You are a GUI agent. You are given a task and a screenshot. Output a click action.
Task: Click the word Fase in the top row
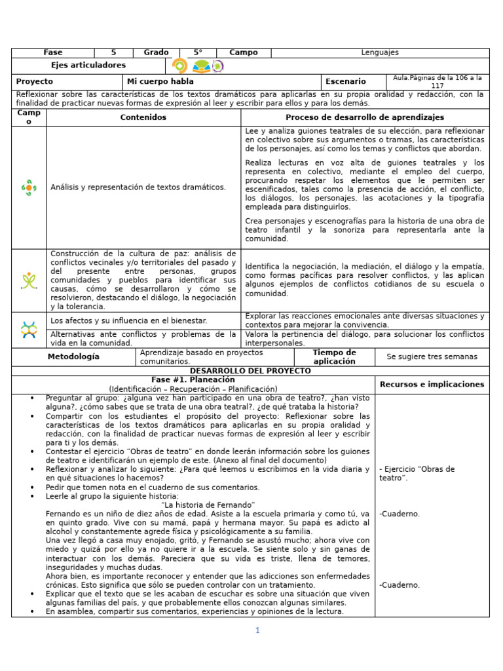tap(53, 53)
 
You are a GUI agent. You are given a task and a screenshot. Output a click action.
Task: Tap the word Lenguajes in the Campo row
tap(380, 53)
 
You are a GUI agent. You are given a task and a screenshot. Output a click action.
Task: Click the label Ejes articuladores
tap(88, 66)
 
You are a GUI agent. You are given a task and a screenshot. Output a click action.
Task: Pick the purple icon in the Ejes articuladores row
tap(218, 66)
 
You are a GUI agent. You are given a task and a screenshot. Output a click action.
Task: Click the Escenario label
tap(346, 82)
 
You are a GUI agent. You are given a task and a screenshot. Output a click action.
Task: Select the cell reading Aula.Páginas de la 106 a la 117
tap(437, 82)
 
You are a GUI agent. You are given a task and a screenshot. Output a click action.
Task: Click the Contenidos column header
tap(143, 117)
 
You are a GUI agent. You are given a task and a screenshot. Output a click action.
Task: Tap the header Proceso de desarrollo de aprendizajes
tap(365, 117)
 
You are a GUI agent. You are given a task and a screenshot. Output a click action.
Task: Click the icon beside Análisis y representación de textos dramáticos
tap(28, 187)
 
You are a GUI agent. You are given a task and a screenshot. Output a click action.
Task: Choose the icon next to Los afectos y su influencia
tap(28, 330)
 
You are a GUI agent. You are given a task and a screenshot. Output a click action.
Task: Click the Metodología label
tap(73, 357)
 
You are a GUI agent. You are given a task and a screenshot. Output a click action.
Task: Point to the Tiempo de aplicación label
tap(334, 357)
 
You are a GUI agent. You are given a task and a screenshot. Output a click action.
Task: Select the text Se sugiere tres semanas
tap(432, 357)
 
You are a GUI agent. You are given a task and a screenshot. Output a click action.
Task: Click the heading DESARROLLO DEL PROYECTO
tap(250, 371)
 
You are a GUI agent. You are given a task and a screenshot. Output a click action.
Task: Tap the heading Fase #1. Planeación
tap(193, 380)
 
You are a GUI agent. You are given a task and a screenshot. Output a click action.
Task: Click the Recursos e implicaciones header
tap(432, 385)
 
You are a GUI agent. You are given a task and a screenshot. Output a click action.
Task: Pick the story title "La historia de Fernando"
tap(208, 505)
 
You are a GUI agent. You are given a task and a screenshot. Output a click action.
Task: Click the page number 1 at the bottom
tap(257, 630)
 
